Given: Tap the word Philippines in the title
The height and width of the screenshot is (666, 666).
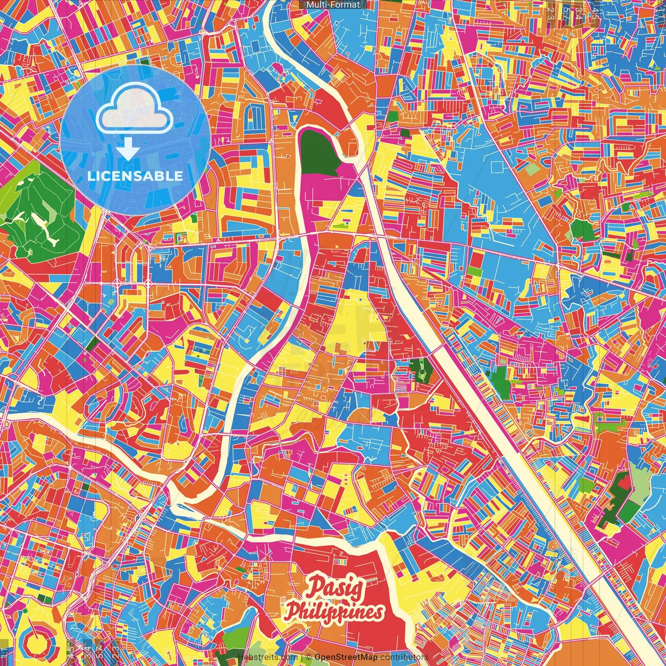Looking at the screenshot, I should [335, 612].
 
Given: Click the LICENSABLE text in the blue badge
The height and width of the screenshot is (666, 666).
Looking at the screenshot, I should [135, 176].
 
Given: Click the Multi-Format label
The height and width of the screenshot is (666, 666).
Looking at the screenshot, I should [333, 5].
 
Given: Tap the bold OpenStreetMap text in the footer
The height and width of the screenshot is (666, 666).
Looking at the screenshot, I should [346, 657].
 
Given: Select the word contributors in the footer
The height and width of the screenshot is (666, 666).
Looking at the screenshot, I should [404, 657].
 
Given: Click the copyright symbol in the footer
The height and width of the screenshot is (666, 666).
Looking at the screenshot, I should [309, 657].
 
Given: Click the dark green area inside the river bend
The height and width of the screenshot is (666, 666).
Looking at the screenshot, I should [318, 151].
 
